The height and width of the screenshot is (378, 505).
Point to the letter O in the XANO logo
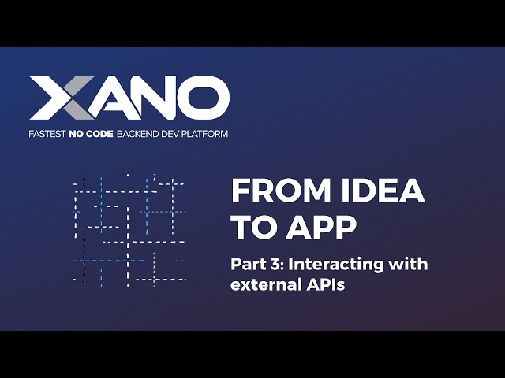[x=202, y=99]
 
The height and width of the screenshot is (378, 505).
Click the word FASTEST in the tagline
[x=49, y=134]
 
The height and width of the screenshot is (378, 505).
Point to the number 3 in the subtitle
[x=275, y=264]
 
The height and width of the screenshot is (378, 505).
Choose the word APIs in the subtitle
[x=326, y=284]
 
